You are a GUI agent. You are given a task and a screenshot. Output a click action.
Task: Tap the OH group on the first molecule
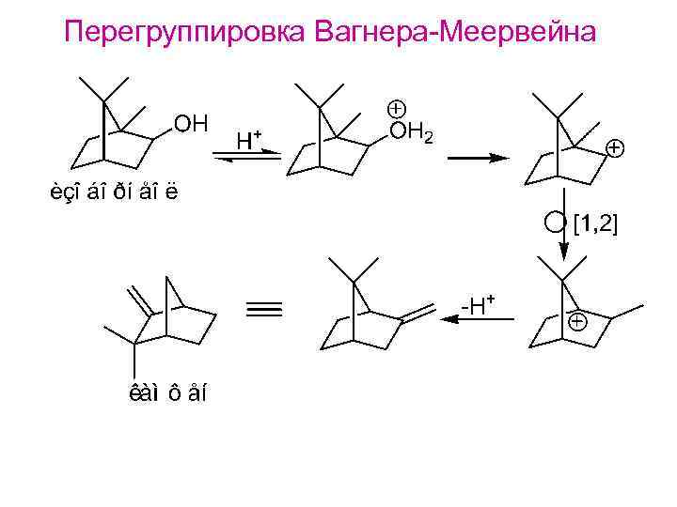192,124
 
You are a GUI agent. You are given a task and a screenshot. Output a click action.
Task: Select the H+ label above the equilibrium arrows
248,141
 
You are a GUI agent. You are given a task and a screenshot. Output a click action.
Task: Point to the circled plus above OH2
396,108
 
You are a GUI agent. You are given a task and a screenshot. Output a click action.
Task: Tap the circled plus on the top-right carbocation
614,148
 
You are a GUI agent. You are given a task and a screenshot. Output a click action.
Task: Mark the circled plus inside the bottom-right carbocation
577,322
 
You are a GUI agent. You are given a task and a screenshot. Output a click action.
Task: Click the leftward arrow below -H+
478,320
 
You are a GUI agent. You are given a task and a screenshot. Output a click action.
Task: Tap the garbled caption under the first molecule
114,194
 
